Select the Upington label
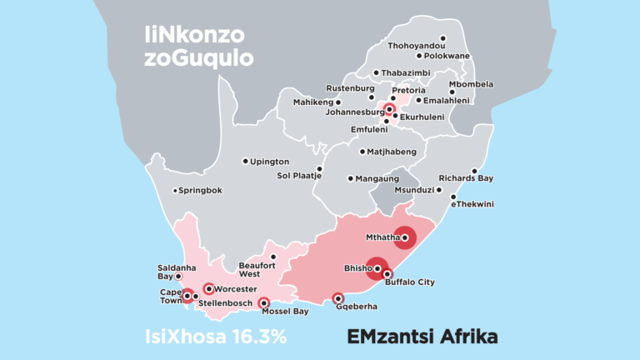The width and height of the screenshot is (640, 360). coord(270,161)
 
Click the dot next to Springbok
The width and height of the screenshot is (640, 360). coord(175,191)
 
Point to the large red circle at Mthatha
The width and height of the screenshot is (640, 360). coord(404,238)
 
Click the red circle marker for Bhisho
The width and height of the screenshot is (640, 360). coord(377,268)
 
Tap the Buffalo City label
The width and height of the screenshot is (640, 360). coord(410,282)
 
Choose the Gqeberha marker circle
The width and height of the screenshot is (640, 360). coord(337,298)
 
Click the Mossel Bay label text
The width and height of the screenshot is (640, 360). coord(285,312)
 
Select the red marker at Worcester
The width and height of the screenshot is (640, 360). coord(208,289)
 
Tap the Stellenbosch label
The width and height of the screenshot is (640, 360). coord(225,302)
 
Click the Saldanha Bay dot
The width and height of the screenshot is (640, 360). coord(177,276)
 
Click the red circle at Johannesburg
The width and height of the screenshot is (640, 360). coord(389,108)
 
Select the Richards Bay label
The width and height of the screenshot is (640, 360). coord(466,178)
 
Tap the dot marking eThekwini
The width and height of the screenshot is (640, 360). coord(453,197)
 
